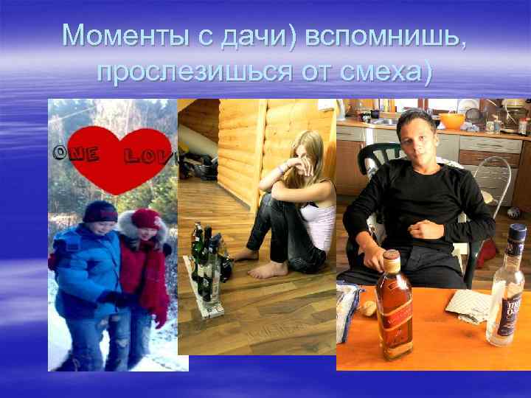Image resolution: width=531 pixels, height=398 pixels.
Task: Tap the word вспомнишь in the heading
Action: click(x=383, y=35)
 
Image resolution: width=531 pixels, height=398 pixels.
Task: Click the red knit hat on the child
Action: click(x=145, y=218)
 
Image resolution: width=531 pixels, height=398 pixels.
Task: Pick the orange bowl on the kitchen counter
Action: click(x=451, y=120)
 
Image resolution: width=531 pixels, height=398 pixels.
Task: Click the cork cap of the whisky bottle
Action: click(x=392, y=260)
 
